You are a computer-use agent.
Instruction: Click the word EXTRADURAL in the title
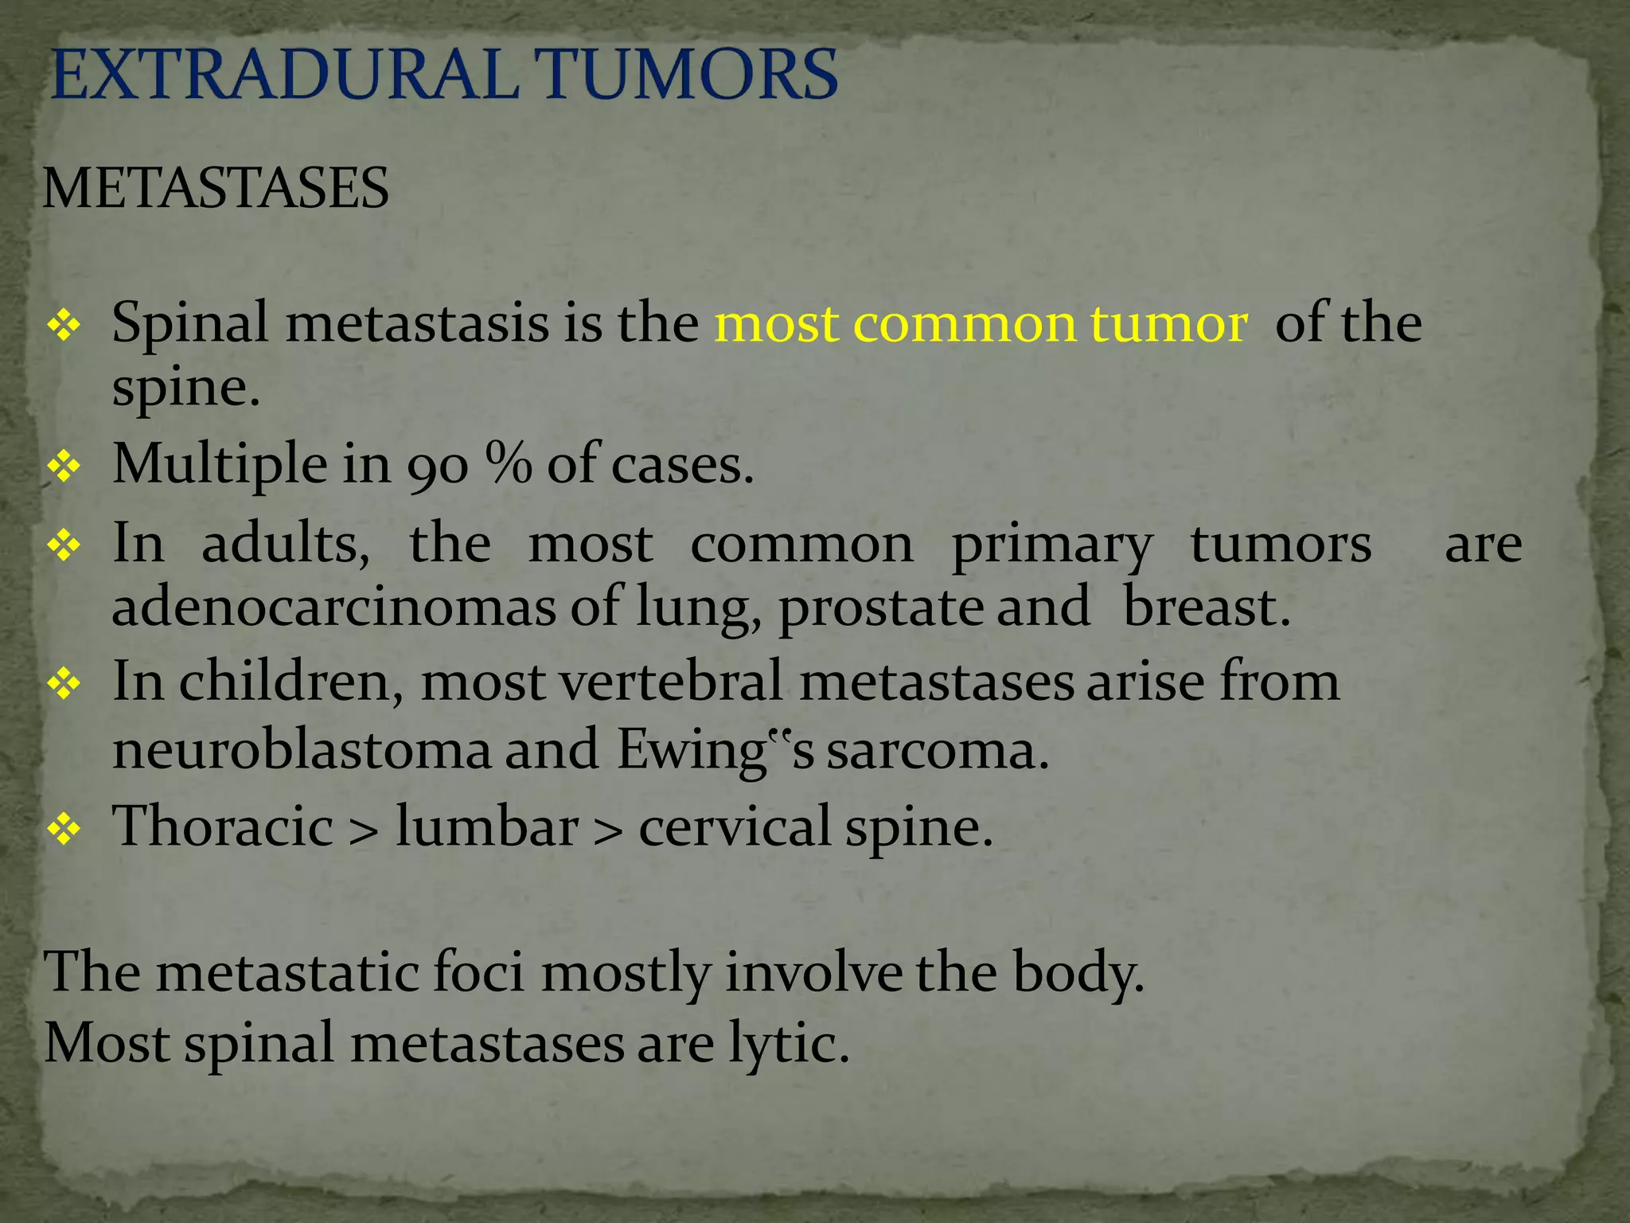[283, 75]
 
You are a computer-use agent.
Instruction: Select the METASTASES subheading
[216, 189]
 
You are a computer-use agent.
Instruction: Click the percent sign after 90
[508, 464]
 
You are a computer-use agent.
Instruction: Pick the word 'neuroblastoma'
[302, 750]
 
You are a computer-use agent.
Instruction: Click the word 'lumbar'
[487, 826]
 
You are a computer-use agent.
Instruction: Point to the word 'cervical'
[734, 826]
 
